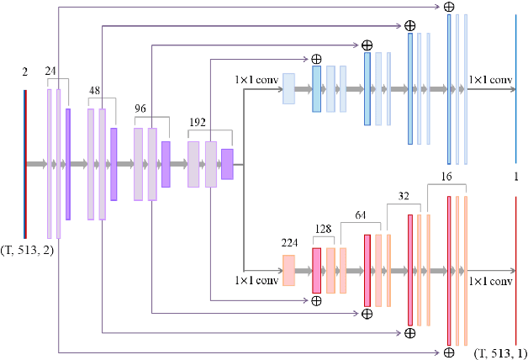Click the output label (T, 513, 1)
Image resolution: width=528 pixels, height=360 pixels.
[501, 352]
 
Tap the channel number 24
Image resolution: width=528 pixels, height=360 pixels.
[51, 71]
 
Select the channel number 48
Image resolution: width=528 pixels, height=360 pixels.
[96, 89]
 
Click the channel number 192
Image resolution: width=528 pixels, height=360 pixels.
[199, 122]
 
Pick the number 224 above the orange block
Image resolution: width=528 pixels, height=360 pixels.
[288, 244]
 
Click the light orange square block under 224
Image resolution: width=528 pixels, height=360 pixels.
[288, 270]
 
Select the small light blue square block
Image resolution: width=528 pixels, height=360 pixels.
[288, 88]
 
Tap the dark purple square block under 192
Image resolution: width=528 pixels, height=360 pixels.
[227, 163]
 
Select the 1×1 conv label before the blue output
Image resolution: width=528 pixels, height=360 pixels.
[490, 80]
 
